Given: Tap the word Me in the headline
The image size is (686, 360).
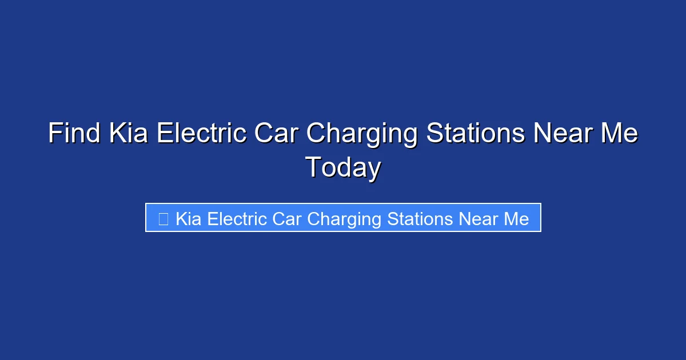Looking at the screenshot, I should [x=617, y=134].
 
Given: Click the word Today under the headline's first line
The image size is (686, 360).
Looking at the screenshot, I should [x=343, y=169].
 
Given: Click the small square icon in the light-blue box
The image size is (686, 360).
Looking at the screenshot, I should [x=163, y=219].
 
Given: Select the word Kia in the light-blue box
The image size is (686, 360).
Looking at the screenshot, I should [x=188, y=219].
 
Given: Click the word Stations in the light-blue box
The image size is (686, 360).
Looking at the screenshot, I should [x=420, y=219].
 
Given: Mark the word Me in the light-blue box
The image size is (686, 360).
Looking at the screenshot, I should [x=516, y=219].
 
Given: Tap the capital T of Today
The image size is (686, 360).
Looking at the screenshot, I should [x=314, y=168].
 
